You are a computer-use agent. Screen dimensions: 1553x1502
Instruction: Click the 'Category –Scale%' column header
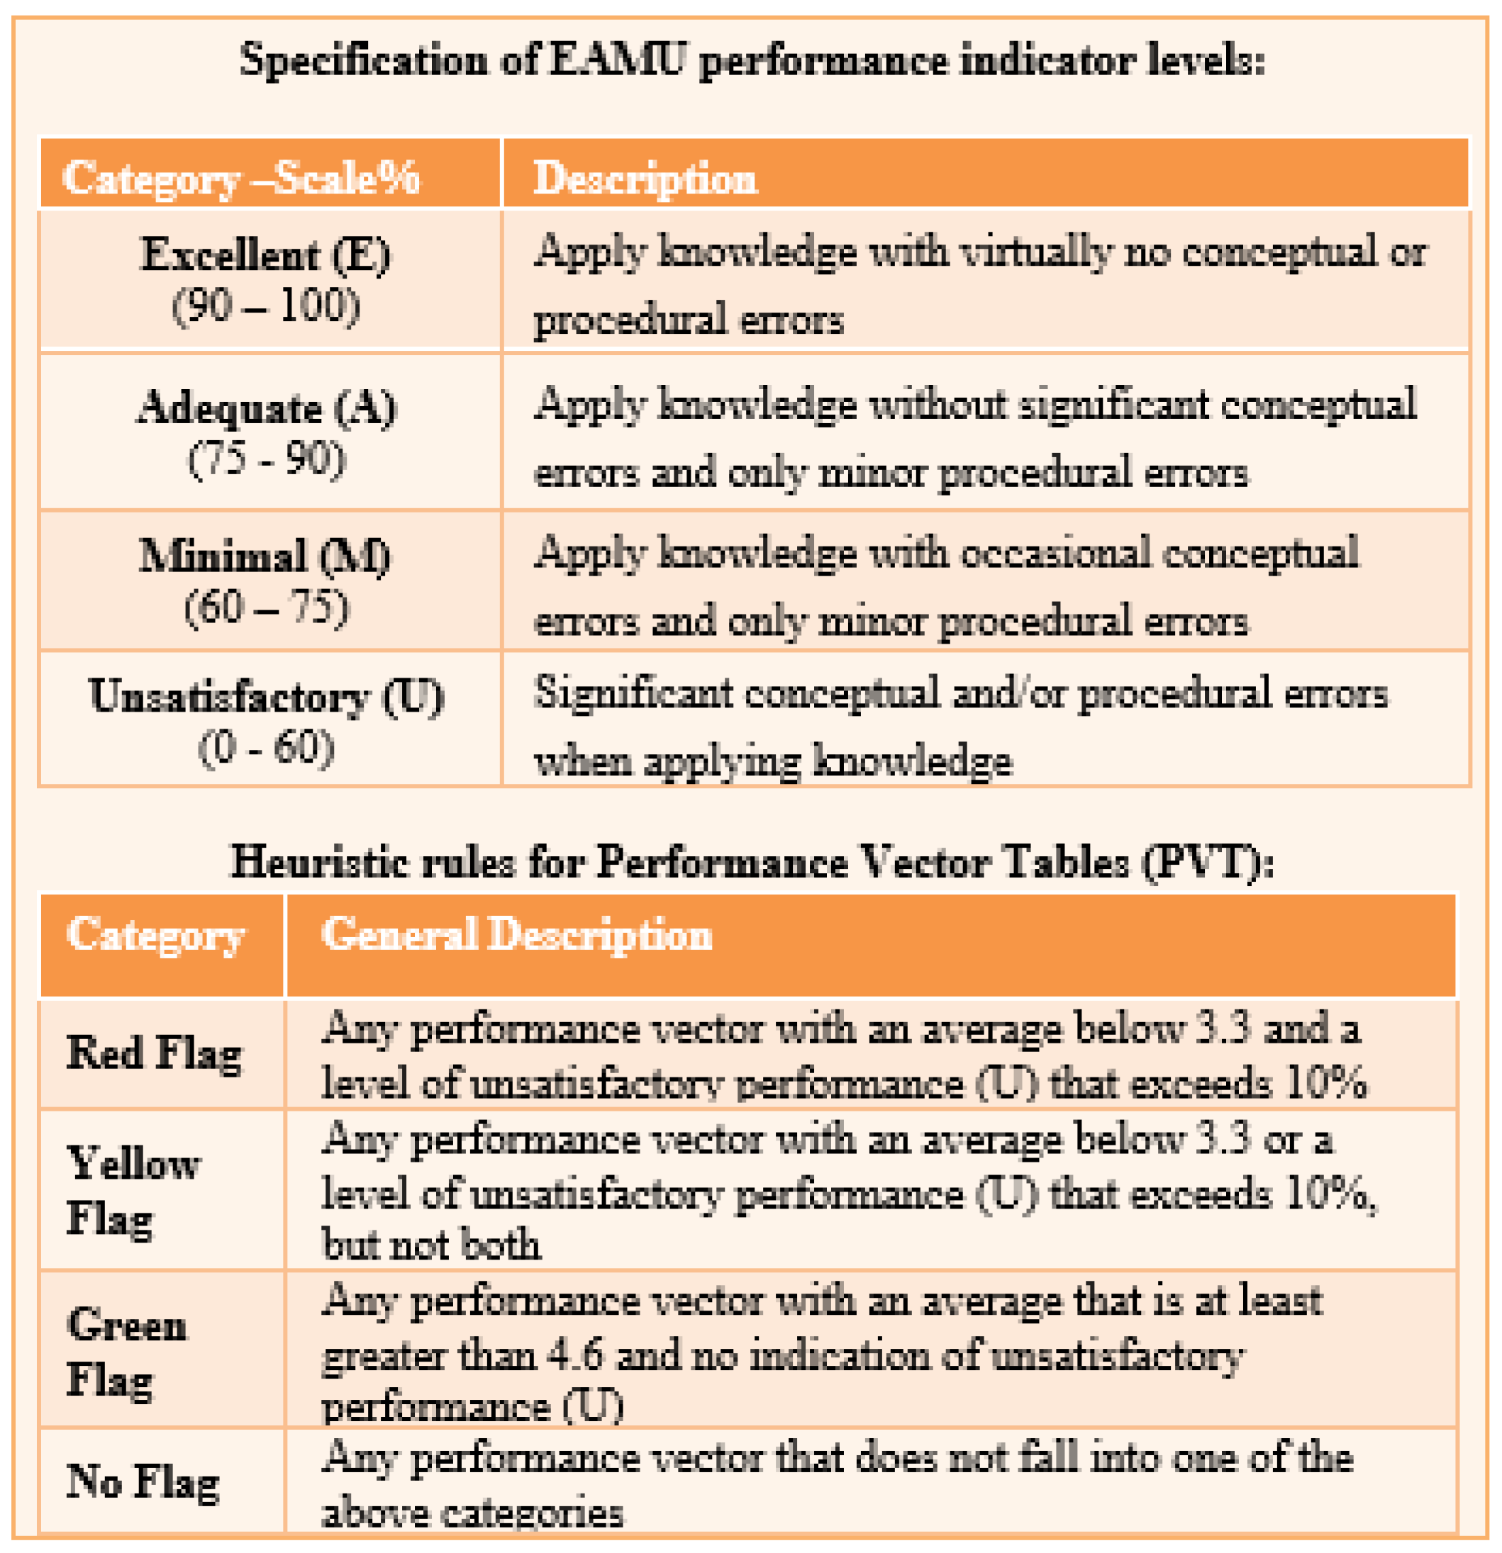241,177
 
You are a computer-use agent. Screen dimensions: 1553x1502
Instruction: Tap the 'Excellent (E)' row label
265,255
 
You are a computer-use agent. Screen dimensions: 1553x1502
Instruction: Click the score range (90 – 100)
265,305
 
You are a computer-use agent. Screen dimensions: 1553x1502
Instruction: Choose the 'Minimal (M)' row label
265,556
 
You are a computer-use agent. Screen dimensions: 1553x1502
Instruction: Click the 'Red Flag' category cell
155,1054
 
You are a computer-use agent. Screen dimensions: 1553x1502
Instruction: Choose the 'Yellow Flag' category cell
133,1190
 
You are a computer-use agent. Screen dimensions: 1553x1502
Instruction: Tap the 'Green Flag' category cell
127,1352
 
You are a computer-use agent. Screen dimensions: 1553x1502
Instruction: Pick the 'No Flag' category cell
143,1481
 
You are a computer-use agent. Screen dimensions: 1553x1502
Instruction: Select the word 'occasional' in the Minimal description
1055,552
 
